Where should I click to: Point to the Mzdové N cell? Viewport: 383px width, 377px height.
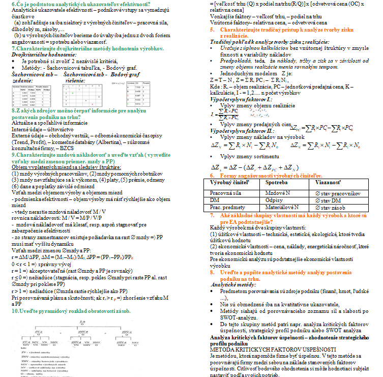(279, 193)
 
